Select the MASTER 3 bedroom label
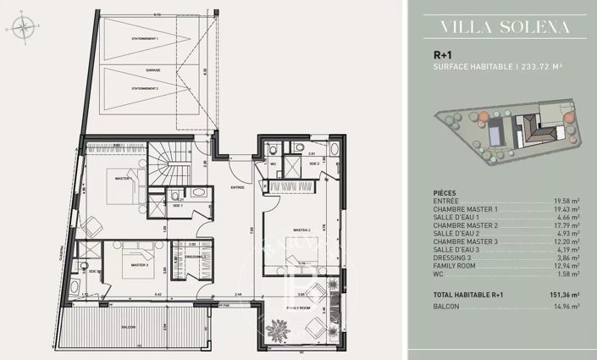(141, 265)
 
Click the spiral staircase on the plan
(169, 165)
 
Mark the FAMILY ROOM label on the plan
(298, 307)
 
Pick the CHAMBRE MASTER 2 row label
(465, 225)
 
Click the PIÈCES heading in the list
(445, 192)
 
